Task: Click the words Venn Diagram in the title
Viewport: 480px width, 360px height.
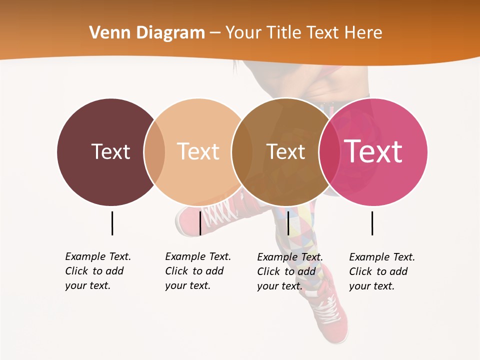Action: [x=147, y=33]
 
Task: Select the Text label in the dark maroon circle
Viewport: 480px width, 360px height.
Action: [x=110, y=151]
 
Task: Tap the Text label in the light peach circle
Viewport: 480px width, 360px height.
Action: [x=198, y=151]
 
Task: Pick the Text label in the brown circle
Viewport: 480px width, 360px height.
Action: [x=285, y=151]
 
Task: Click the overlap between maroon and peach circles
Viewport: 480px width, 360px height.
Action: [x=154, y=152]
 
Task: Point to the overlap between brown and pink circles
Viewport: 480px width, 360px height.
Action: [x=329, y=152]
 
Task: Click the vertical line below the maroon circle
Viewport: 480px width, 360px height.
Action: [x=112, y=223]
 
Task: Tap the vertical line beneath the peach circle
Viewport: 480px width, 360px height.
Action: [x=200, y=223]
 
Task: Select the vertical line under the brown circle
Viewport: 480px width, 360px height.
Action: [x=288, y=223]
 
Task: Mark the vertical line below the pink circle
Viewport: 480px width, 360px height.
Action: [x=372, y=223]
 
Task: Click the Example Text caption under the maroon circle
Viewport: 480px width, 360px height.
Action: [x=97, y=271]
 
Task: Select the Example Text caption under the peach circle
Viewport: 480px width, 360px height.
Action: [x=197, y=271]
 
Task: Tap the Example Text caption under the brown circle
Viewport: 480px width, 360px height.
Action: [x=289, y=271]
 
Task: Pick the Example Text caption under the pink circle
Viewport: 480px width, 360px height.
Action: [x=381, y=271]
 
